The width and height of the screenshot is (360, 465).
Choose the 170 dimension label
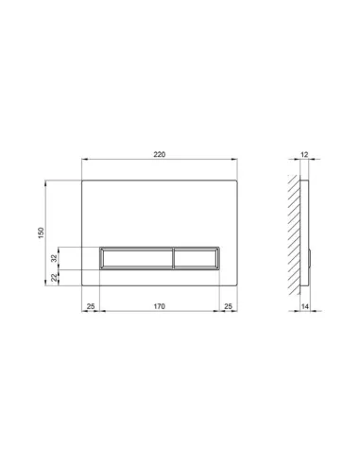coord(160,306)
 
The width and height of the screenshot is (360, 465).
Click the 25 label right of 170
coord(229,306)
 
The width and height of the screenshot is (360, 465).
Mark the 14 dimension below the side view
coord(305,306)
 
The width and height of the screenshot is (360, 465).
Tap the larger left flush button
coord(136,258)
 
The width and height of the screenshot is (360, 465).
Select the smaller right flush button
coord(197,258)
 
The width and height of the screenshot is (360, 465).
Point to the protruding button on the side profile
coord(310,258)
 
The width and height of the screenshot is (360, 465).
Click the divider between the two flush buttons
coord(172,258)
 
